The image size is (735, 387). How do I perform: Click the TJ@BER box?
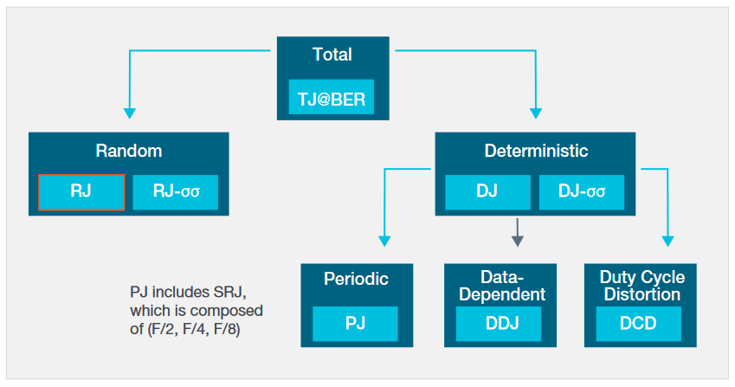coord(332,99)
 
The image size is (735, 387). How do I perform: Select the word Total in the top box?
coord(332,55)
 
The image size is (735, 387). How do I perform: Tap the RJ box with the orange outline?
coord(81,192)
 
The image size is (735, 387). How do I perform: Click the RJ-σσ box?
coord(175,192)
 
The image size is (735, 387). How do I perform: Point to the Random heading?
coord(128,151)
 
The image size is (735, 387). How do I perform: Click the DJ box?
coord(487,192)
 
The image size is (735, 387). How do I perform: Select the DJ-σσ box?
coord(581,192)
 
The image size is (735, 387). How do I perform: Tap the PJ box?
coord(355,324)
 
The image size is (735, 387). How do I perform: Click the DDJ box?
coord(499,324)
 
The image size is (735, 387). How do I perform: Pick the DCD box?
coord(639,324)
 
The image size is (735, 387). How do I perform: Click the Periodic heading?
coord(356,279)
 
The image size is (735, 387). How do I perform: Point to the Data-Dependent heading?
coord(500,286)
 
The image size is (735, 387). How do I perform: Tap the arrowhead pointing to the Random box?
coord(130,113)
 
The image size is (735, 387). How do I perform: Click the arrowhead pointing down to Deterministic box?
coord(535,113)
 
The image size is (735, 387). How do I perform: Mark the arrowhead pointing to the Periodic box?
coord(384,242)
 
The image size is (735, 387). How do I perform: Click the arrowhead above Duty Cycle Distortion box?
coord(667,242)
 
